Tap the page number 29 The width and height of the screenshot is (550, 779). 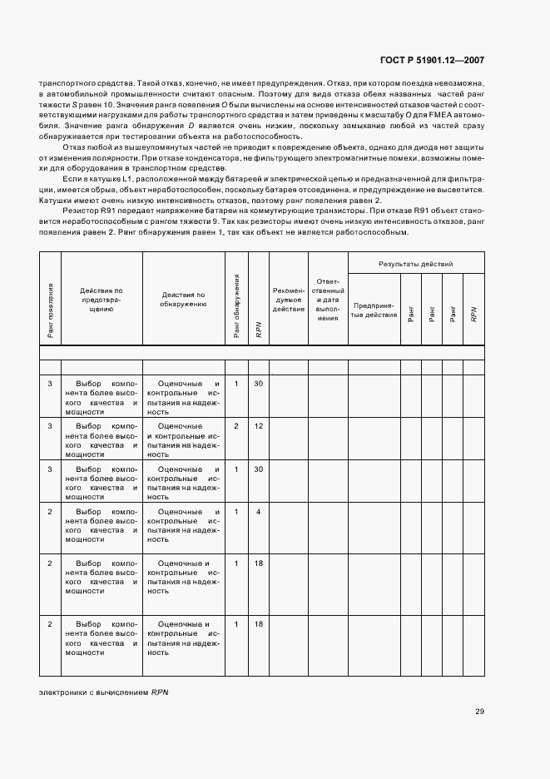[480, 711]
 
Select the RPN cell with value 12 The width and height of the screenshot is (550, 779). [259, 426]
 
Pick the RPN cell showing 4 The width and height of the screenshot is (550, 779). [259, 511]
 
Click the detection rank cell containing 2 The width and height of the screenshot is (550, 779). [236, 426]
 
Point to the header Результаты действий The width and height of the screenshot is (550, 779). [416, 264]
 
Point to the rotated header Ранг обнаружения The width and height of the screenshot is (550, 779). [236, 306]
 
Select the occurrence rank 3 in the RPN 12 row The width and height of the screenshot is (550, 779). [50, 426]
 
